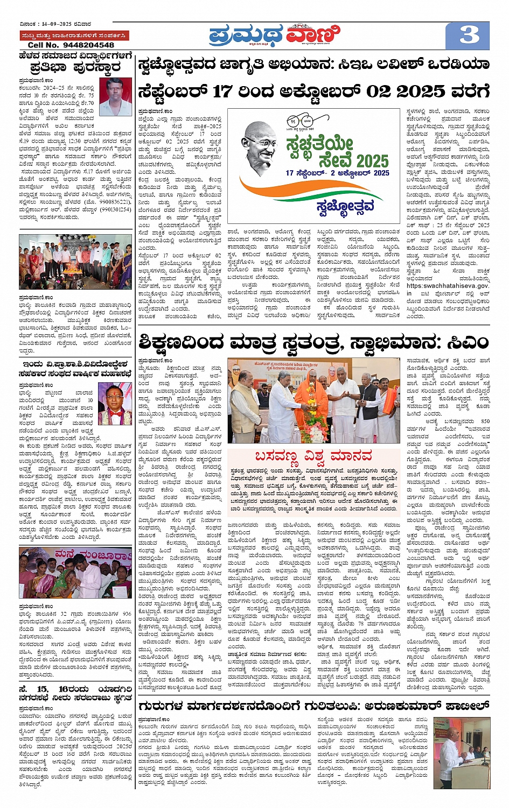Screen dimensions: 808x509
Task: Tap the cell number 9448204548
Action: coord(71,45)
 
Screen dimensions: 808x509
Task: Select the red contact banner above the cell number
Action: coord(75,36)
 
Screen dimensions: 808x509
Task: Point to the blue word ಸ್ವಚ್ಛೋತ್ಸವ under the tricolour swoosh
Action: coord(345,206)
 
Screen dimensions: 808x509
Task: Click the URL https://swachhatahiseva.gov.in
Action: coord(448,286)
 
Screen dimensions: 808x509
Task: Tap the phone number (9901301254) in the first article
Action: coord(111,209)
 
